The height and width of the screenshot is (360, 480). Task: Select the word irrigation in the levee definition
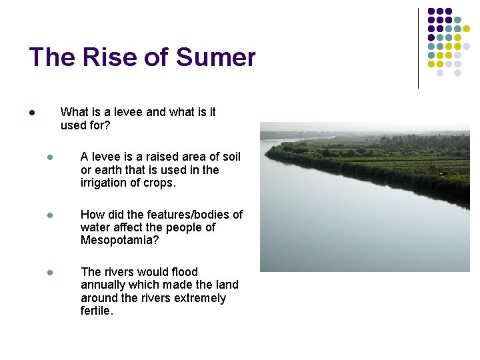(107, 183)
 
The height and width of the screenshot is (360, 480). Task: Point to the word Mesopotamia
(119, 240)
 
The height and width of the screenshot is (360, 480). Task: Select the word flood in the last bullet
(185, 272)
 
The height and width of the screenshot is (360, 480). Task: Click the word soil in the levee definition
(231, 157)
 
